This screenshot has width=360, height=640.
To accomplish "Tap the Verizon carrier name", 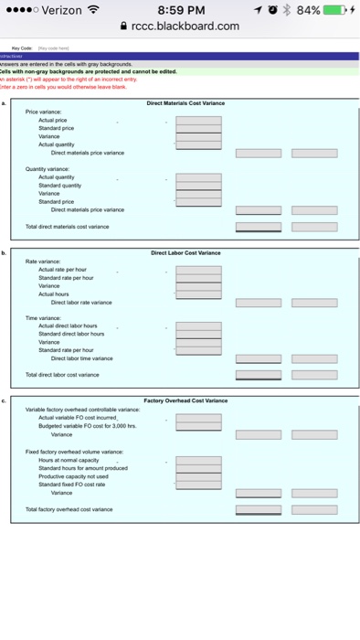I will pos(58,11).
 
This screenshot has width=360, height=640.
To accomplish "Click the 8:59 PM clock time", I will pos(180,11).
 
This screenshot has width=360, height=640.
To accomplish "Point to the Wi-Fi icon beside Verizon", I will pos(93,11).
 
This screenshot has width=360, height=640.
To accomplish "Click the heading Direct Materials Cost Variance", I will pos(186,103).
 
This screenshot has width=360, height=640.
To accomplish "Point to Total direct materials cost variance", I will pos(68,225).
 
